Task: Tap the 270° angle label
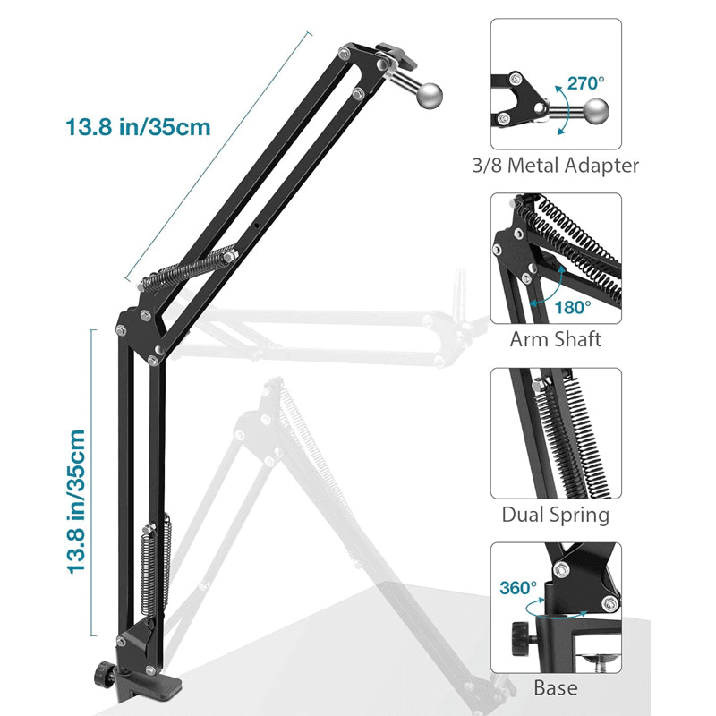pyautogui.click(x=585, y=82)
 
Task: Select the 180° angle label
pyautogui.click(x=573, y=307)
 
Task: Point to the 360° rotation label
pyautogui.click(x=520, y=588)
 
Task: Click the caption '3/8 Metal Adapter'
pyautogui.click(x=556, y=165)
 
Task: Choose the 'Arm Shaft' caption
pyautogui.click(x=556, y=339)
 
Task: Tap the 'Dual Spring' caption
pyautogui.click(x=556, y=515)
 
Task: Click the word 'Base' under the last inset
pyautogui.click(x=556, y=688)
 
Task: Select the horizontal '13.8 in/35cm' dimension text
pyautogui.click(x=138, y=127)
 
